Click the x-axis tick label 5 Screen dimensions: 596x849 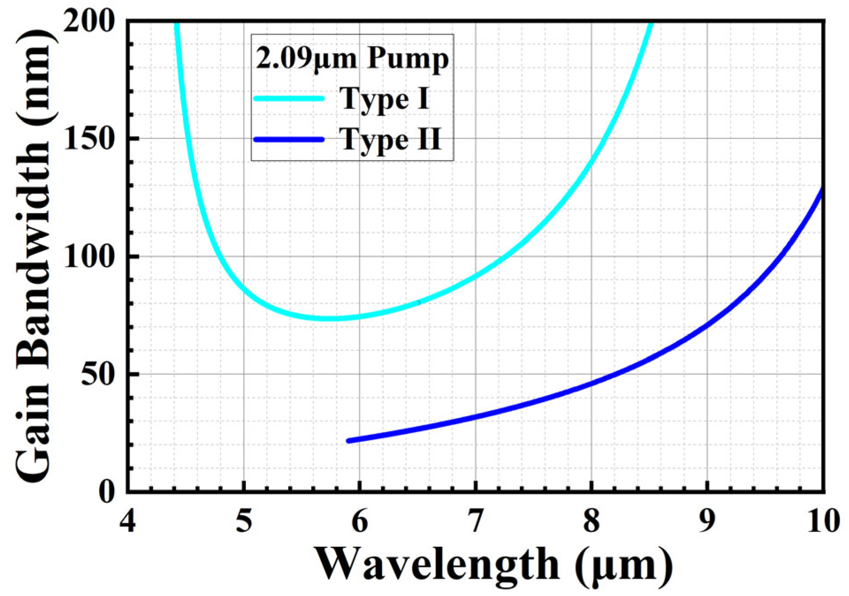pyautogui.click(x=244, y=521)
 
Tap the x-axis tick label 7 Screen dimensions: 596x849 pyautogui.click(x=475, y=521)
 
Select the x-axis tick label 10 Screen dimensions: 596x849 pyautogui.click(x=823, y=521)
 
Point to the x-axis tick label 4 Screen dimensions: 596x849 pyautogui.click(x=127, y=521)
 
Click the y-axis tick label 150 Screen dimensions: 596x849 pyautogui.click(x=89, y=138)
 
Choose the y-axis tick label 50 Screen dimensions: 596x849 pyautogui.click(x=98, y=374)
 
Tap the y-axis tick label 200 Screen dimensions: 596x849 pyautogui.click(x=89, y=21)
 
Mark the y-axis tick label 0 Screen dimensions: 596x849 pyautogui.click(x=107, y=492)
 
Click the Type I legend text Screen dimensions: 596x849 pyautogui.click(x=384, y=99)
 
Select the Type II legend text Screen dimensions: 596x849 pyautogui.click(x=390, y=140)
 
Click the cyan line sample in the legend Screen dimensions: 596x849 pyautogui.click(x=289, y=99)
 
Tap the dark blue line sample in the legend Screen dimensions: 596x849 pyautogui.click(x=289, y=139)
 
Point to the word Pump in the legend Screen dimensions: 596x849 pyautogui.click(x=408, y=59)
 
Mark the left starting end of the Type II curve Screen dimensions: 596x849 pyautogui.click(x=349, y=441)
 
